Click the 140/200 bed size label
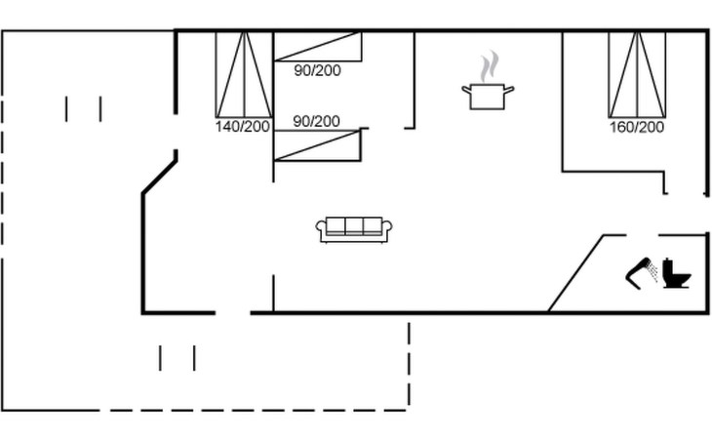[243, 127]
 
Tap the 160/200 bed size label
[637, 127]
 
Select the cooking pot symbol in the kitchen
[487, 96]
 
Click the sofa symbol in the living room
[354, 229]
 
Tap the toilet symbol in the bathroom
[675, 273]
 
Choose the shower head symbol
[642, 271]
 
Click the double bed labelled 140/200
[244, 74]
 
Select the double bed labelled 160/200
[637, 74]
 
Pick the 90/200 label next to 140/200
[317, 121]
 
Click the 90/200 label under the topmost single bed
[317, 69]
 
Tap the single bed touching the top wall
[317, 46]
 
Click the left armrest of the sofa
[321, 230]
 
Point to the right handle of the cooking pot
[508, 90]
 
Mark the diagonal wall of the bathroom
[575, 273]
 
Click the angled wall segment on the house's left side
[159, 177]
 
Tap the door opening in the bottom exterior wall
[232, 312]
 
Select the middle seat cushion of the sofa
[354, 226]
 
